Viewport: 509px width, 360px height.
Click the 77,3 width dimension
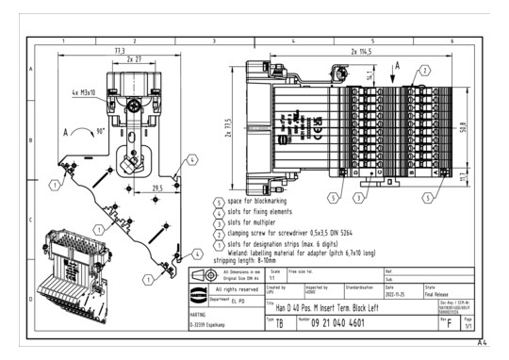119,50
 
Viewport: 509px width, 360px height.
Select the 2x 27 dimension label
135,58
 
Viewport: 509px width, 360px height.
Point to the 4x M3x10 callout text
90,91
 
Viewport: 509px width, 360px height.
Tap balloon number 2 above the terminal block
424,71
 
